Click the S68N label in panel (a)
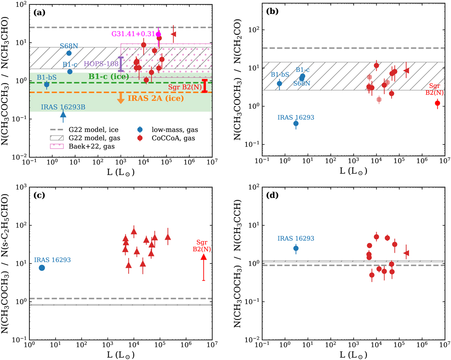pos(69,46)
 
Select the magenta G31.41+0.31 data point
pos(159,34)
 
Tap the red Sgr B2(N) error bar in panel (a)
pos(204,86)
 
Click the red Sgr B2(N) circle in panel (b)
pos(437,103)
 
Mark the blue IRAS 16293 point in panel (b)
pos(296,123)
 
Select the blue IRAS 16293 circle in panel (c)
pos(42,267)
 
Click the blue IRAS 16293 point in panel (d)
pos(296,248)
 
